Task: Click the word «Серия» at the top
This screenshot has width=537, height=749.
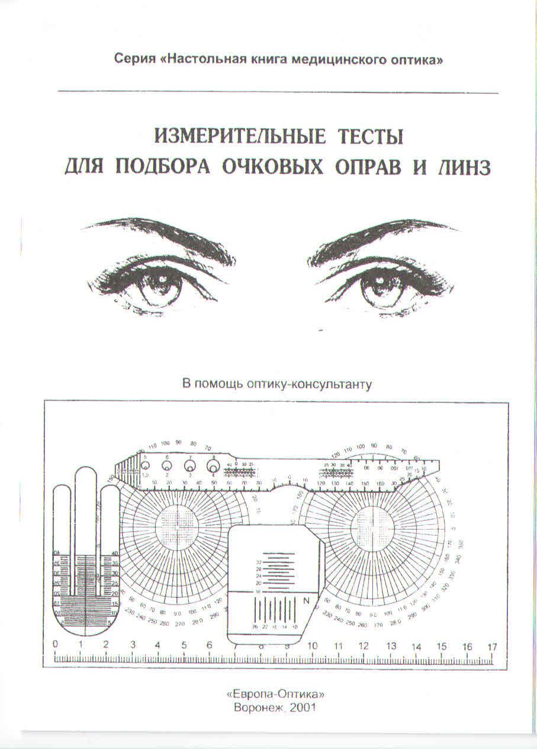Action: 134,60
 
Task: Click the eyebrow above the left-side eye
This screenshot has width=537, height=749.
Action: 160,233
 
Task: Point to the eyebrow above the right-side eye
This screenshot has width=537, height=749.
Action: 385,234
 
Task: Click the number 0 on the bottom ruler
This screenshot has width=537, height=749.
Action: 55,645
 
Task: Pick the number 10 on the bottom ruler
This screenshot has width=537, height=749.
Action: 312,646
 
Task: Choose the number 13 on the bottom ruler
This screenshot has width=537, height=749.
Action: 391,646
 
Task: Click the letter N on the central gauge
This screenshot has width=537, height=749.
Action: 307,601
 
